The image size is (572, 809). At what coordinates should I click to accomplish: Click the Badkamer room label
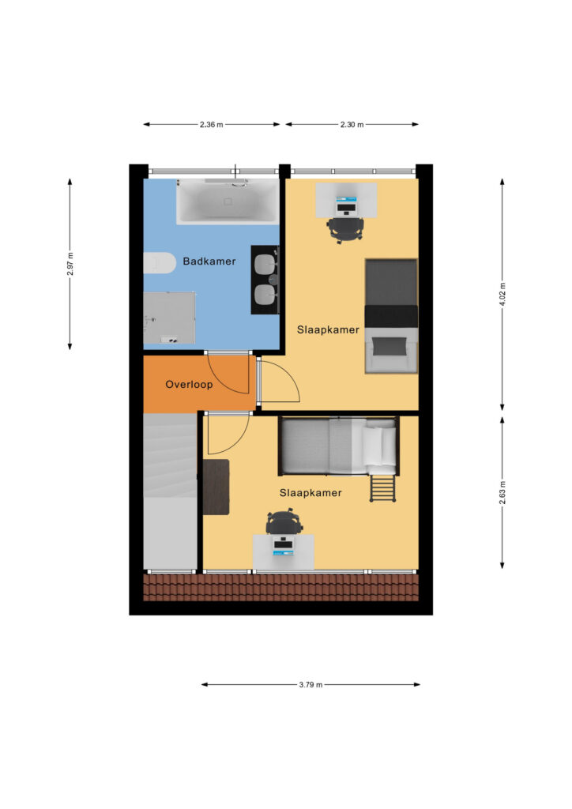[x=209, y=261]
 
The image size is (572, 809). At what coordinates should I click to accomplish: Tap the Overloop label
[x=189, y=385]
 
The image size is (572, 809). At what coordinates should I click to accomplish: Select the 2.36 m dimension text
[x=212, y=124]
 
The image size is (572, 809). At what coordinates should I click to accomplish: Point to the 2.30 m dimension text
[x=352, y=124]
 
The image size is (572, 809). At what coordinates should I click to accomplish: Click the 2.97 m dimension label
[x=70, y=264]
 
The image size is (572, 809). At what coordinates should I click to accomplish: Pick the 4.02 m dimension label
[x=502, y=294]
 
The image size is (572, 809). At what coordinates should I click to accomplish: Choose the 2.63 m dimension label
[x=502, y=492]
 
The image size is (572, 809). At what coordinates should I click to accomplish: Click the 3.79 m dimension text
[x=310, y=685]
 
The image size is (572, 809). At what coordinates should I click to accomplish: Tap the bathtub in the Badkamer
[x=228, y=201]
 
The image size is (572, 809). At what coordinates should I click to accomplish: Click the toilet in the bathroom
[x=157, y=263]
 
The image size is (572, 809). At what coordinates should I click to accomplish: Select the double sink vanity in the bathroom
[x=265, y=280]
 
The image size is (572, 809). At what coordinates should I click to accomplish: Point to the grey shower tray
[x=169, y=318]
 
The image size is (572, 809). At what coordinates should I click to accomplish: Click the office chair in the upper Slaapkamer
[x=345, y=230]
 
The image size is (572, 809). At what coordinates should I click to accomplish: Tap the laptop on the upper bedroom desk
[x=346, y=206]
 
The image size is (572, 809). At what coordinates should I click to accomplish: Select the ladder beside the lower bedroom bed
[x=382, y=488]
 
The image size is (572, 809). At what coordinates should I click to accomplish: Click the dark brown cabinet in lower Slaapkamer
[x=216, y=487]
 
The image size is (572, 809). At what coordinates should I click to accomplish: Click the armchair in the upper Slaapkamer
[x=391, y=350]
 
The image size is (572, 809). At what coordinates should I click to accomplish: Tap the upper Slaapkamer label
[x=328, y=329]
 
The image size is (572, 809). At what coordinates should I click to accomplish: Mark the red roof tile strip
[x=280, y=588]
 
